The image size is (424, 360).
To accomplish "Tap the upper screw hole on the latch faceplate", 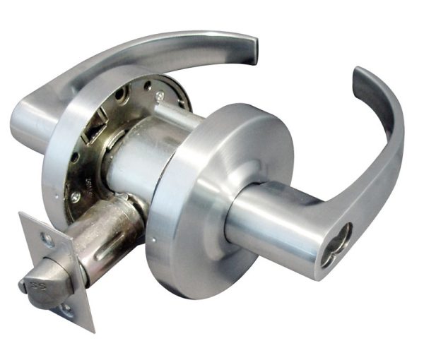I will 48,240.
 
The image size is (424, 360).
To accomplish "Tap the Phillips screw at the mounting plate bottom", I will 76,197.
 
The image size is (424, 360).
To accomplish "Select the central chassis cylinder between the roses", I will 138,159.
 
